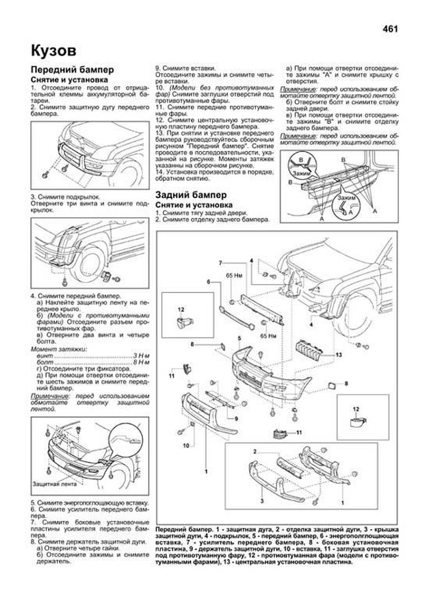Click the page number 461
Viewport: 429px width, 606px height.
point(390,29)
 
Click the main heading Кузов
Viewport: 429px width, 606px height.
point(54,51)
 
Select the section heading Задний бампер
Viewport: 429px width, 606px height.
point(191,195)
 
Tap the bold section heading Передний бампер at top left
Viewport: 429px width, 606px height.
point(72,70)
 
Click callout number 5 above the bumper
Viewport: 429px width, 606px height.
point(240,338)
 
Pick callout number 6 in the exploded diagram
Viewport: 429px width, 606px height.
point(208,282)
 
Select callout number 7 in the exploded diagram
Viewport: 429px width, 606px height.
point(221,263)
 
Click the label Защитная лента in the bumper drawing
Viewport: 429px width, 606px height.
point(54,484)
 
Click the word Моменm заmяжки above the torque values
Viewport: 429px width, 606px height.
point(59,349)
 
